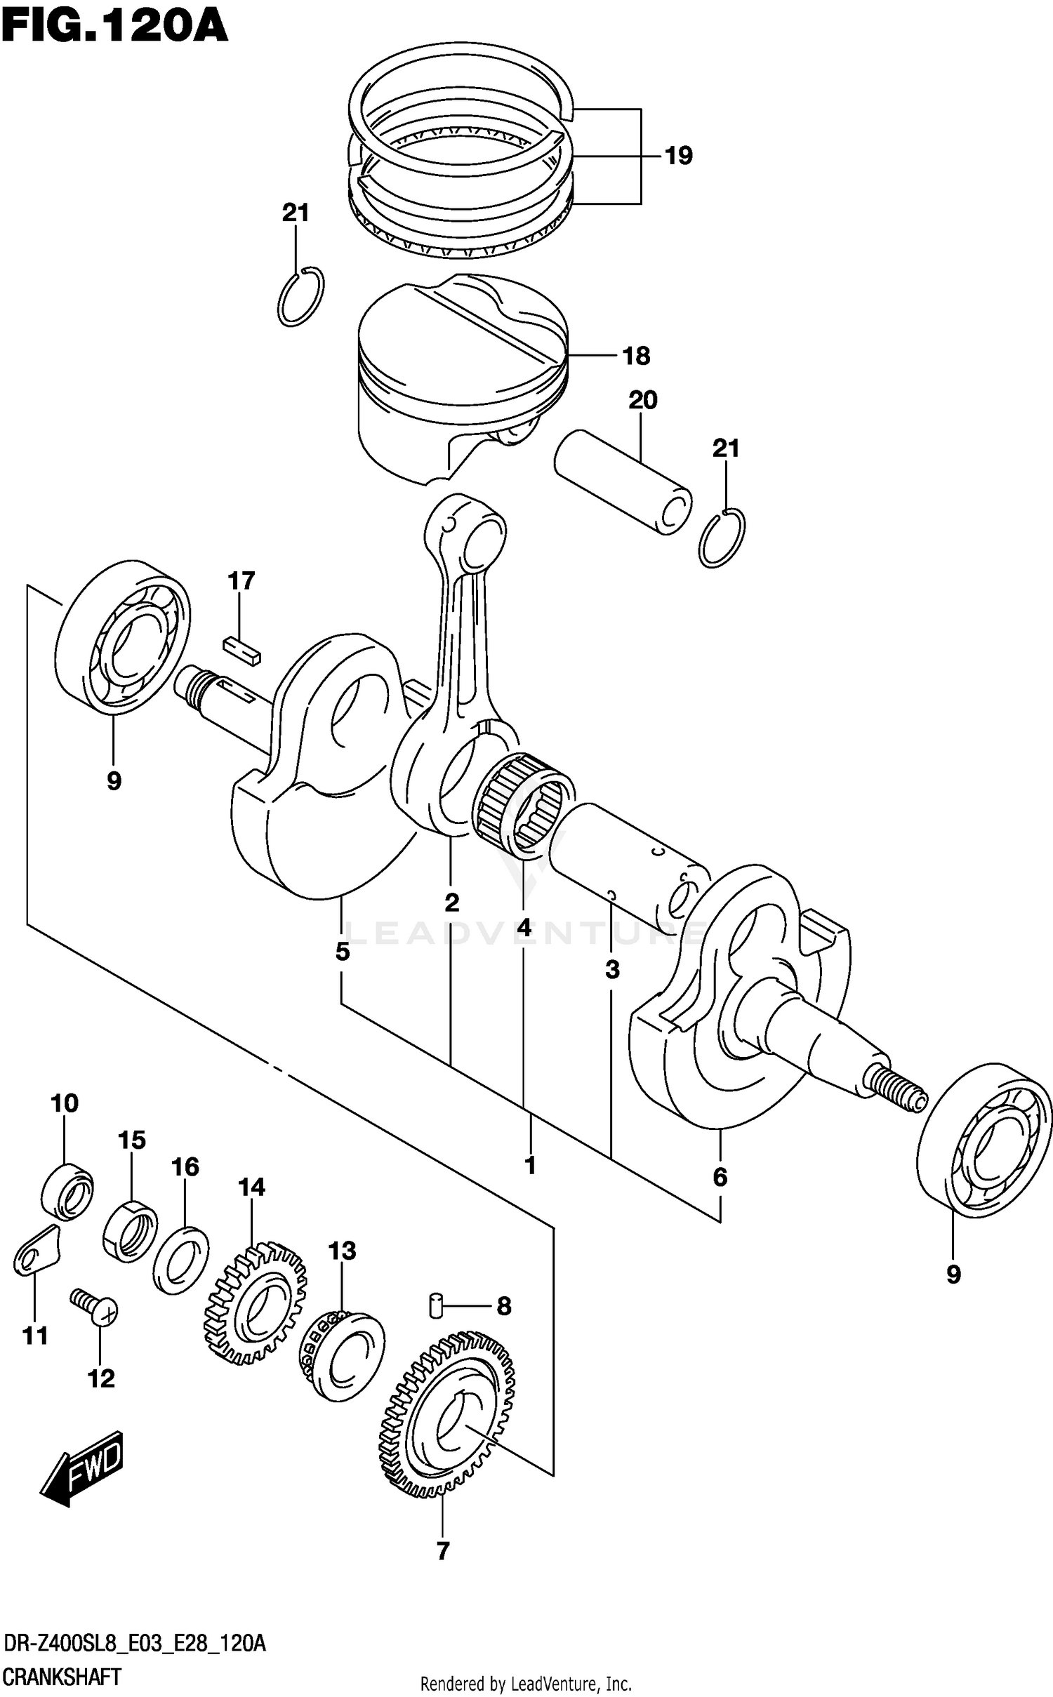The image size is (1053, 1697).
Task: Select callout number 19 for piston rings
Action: point(678,156)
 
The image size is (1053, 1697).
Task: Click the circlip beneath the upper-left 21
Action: point(300,297)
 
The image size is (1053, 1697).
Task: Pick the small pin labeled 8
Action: point(435,1305)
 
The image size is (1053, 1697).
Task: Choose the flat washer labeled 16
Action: point(180,1260)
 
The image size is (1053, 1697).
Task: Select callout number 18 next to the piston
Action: point(636,356)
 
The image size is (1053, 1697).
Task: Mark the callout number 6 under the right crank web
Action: point(720,1177)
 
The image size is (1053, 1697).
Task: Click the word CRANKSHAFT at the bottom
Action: point(62,1677)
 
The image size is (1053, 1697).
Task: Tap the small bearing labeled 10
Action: point(67,1191)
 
